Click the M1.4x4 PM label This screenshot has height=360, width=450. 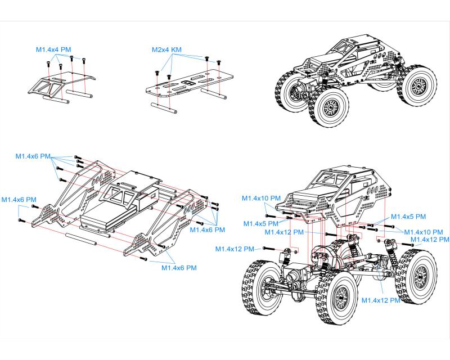click(53, 49)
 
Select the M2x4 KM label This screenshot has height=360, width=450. click(166, 49)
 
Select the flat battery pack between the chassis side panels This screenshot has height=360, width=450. click(107, 221)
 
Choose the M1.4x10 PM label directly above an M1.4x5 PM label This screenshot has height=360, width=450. click(261, 198)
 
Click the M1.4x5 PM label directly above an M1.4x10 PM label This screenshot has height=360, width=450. click(408, 217)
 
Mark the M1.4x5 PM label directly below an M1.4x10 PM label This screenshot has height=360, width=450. click(262, 224)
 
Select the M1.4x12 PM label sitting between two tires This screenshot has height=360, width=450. click(381, 300)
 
